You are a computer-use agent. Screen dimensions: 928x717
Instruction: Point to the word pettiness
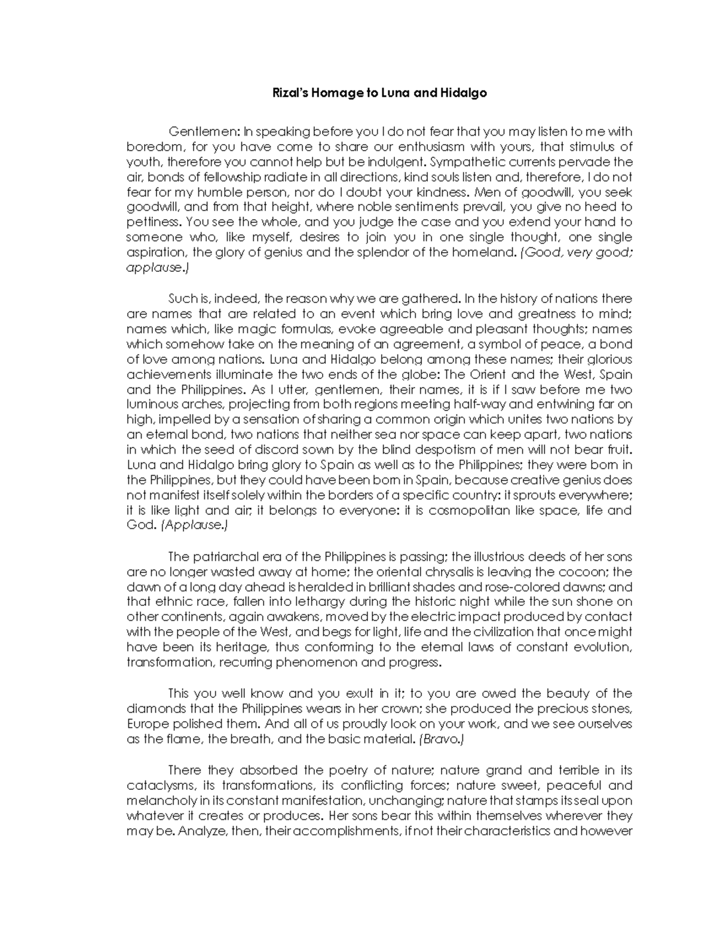(x=153, y=222)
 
